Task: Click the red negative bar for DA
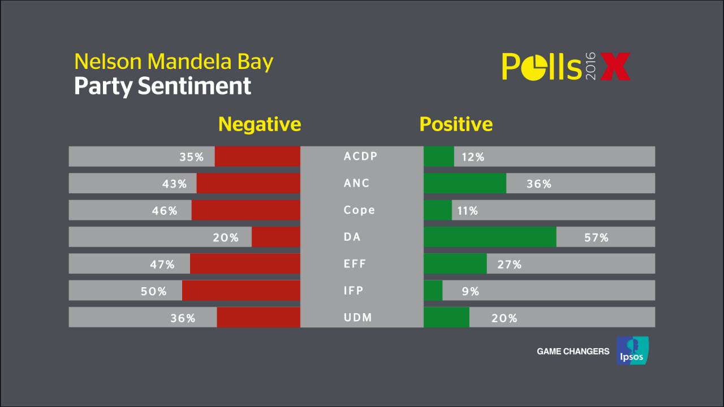[276, 237]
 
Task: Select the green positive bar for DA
[490, 237]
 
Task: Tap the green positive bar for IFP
[433, 291]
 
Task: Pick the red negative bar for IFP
[241, 291]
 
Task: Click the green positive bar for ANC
[465, 183]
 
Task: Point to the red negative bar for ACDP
[257, 157]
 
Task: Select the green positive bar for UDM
[446, 317]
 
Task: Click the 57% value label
[596, 238]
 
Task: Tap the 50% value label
[154, 292]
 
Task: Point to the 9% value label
[470, 292]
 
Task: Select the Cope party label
[359, 210]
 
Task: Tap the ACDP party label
[360, 156]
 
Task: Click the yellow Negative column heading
[260, 124]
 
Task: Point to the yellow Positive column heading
[456, 124]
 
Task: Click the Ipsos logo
[632, 350]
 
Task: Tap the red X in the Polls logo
[614, 67]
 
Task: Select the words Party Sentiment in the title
[162, 86]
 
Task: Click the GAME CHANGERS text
[573, 352]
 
